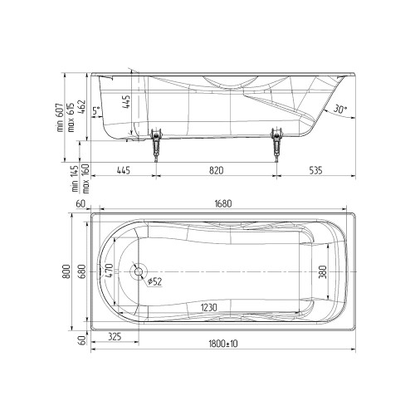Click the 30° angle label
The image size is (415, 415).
339,109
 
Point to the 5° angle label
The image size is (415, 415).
95,111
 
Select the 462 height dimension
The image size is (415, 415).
82,108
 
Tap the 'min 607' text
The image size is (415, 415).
61,118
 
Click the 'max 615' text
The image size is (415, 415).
71,117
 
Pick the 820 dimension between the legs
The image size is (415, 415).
216,170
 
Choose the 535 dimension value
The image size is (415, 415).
315,170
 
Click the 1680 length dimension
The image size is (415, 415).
223,204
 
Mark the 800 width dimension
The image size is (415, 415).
66,271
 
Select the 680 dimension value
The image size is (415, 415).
82,271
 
